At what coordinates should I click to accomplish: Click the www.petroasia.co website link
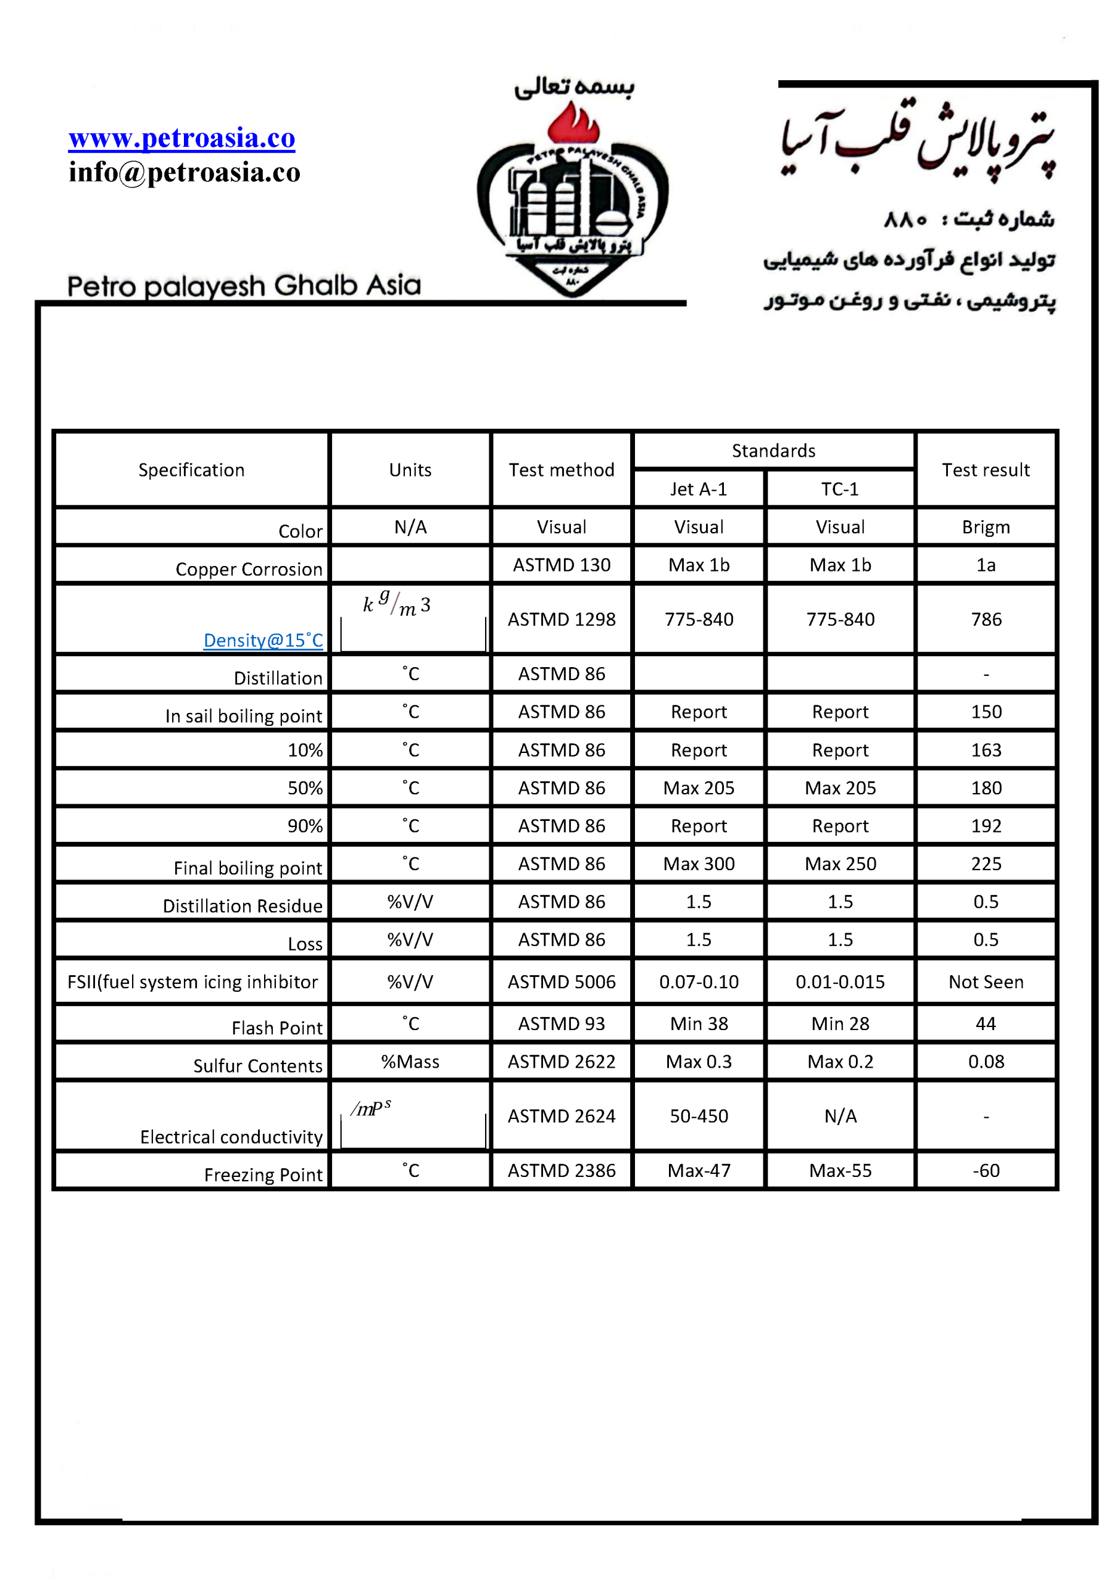181,138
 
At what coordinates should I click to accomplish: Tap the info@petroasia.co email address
185,172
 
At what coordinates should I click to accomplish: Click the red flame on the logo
573,124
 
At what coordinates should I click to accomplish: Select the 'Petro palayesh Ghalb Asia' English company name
244,286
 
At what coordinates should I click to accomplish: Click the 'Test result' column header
985,470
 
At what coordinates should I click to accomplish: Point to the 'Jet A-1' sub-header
699,489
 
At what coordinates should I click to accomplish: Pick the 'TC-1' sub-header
840,489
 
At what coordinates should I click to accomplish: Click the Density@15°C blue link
263,640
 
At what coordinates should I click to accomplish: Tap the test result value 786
986,619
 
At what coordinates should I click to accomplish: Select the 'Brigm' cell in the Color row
986,527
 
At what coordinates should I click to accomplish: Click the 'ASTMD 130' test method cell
562,565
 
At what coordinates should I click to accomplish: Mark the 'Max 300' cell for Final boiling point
699,863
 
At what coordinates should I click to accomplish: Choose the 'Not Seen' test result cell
986,982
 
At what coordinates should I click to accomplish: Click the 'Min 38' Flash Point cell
699,1024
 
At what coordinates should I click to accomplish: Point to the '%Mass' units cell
410,1062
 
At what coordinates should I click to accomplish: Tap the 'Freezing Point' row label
263,1175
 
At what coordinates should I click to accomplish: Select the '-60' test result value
986,1171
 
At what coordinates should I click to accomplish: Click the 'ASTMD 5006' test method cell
562,982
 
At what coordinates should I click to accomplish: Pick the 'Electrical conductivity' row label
231,1137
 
